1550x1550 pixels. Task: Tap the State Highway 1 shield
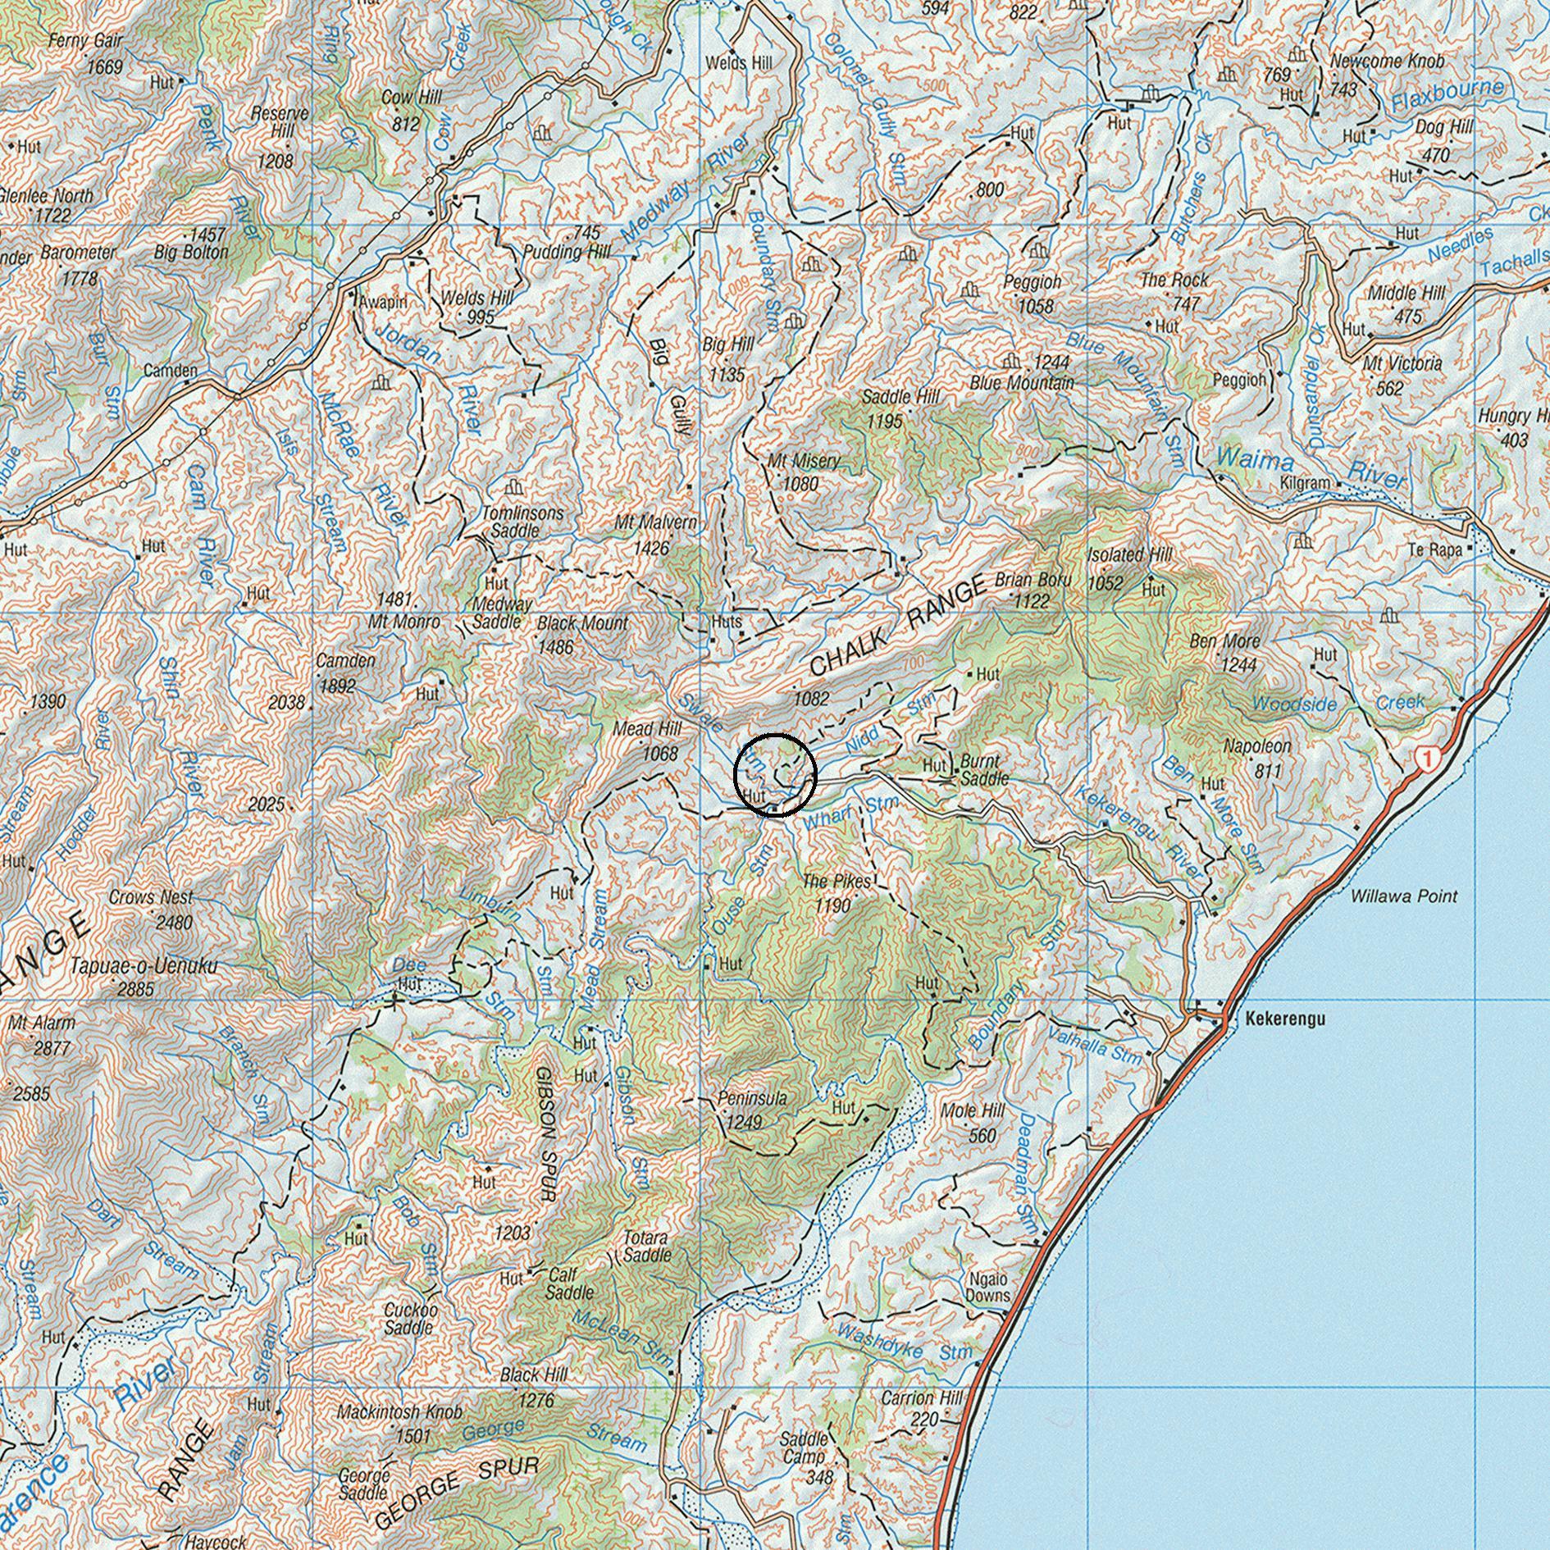pos(1428,759)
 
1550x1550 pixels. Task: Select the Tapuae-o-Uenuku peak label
pos(144,967)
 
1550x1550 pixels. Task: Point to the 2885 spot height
pos(135,989)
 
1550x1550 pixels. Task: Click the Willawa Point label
pos(1404,896)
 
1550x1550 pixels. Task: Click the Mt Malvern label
pos(656,522)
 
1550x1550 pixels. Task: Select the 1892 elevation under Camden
pos(337,686)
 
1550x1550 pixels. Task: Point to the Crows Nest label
pos(151,897)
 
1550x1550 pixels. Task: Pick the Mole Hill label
pos(973,1111)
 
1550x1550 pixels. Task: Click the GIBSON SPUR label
pos(546,1133)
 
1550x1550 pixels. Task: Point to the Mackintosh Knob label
pos(399,1412)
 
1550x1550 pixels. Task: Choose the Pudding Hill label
pos(566,253)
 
